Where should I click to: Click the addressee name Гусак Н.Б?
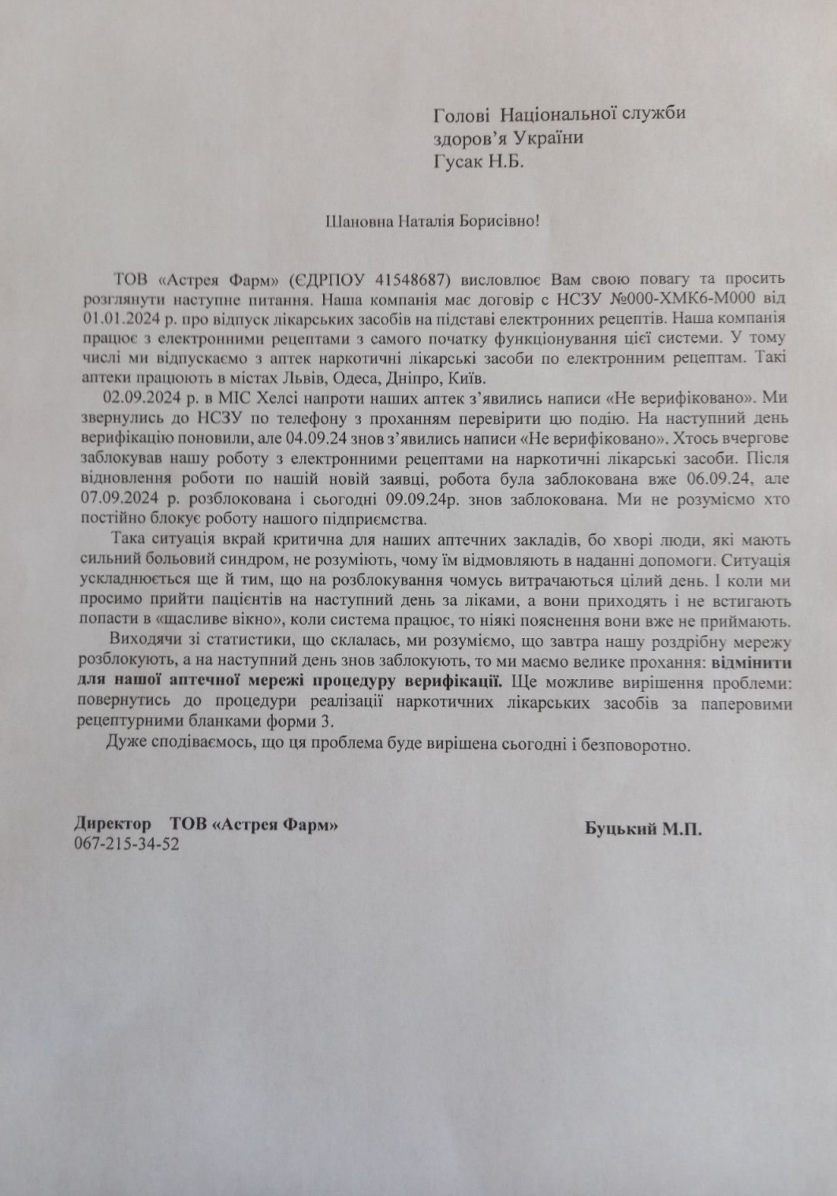pos(478,162)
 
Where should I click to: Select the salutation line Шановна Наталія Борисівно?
pos(433,221)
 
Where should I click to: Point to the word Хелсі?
pos(254,397)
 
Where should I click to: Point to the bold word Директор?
pos(113,824)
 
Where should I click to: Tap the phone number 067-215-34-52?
pos(126,844)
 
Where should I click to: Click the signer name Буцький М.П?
pos(643,829)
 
